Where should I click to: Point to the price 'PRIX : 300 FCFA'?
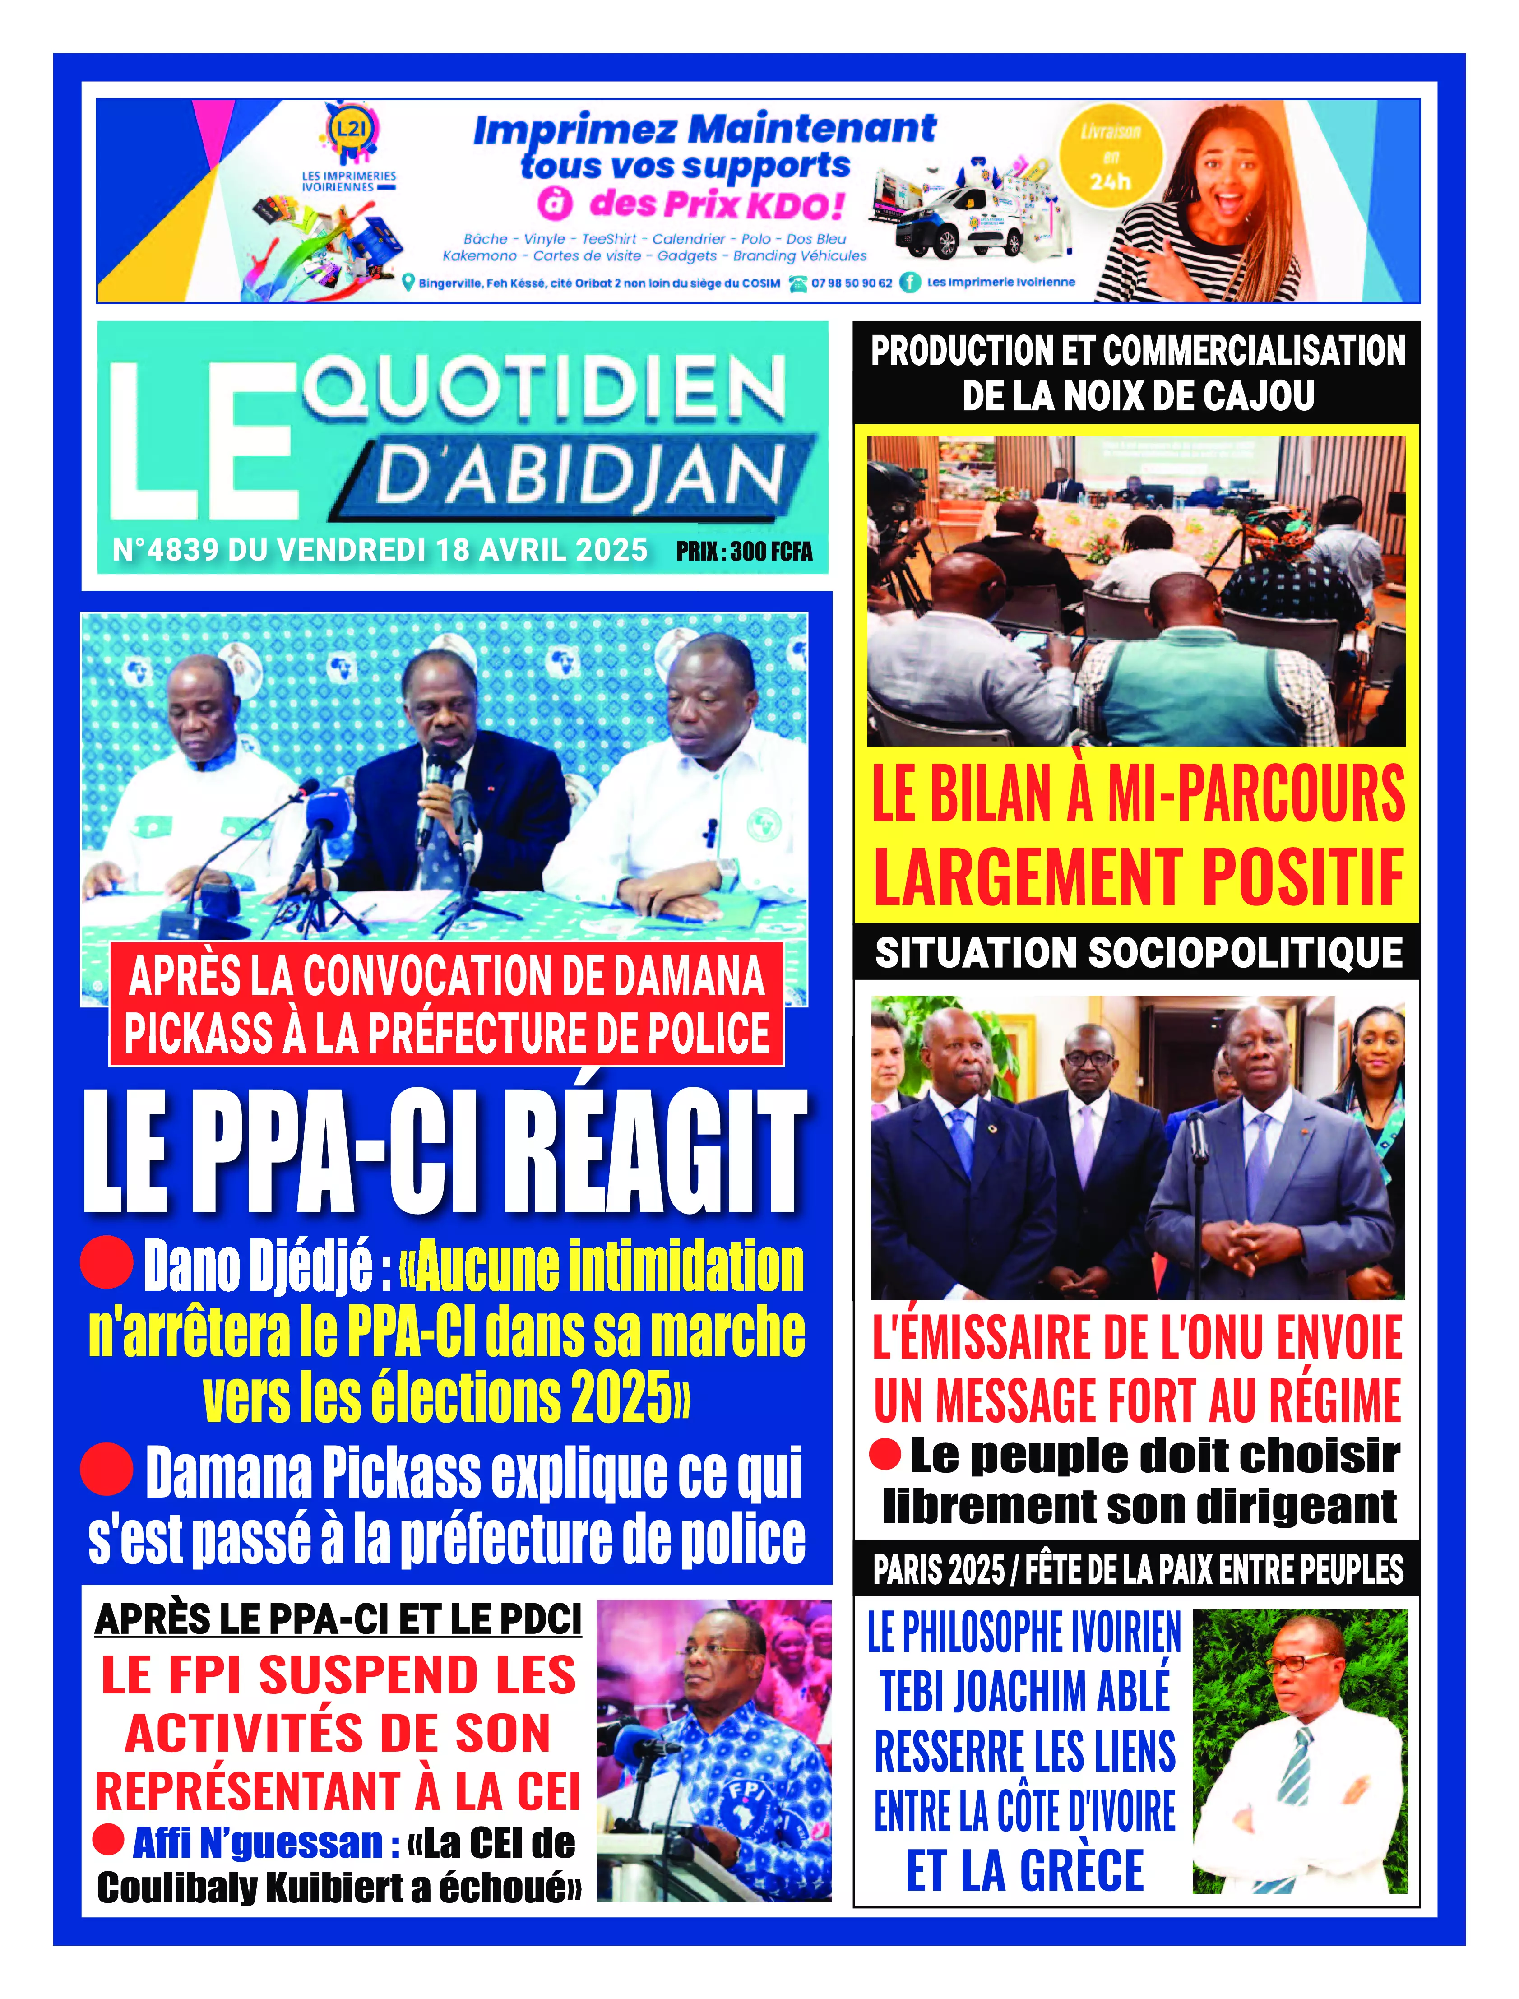click(x=744, y=552)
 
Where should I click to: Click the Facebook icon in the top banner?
click(x=910, y=282)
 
